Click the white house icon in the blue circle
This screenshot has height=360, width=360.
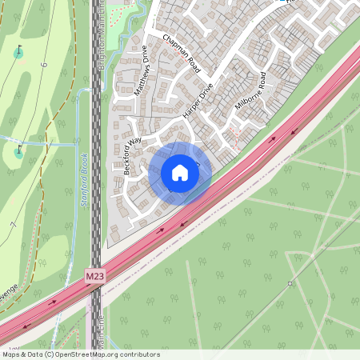pyautogui.click(x=180, y=172)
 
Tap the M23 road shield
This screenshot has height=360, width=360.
pyautogui.click(x=95, y=276)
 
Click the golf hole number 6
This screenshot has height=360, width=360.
pyautogui.click(x=45, y=64)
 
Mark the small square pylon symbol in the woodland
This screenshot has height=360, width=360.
pyautogui.click(x=290, y=283)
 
